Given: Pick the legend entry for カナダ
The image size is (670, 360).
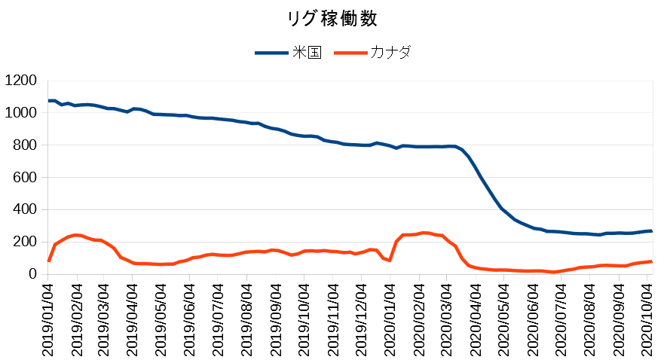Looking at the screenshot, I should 390,53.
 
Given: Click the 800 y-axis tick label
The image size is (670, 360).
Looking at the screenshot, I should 25,145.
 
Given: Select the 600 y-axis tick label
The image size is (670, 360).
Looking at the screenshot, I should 25,178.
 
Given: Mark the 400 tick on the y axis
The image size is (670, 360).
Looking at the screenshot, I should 25,209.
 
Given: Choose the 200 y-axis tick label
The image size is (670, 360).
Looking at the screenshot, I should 25,242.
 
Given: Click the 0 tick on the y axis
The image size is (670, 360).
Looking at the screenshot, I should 32,274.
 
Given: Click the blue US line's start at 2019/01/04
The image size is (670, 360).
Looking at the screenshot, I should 49,101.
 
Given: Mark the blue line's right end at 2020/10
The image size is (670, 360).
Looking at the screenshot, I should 651,231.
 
